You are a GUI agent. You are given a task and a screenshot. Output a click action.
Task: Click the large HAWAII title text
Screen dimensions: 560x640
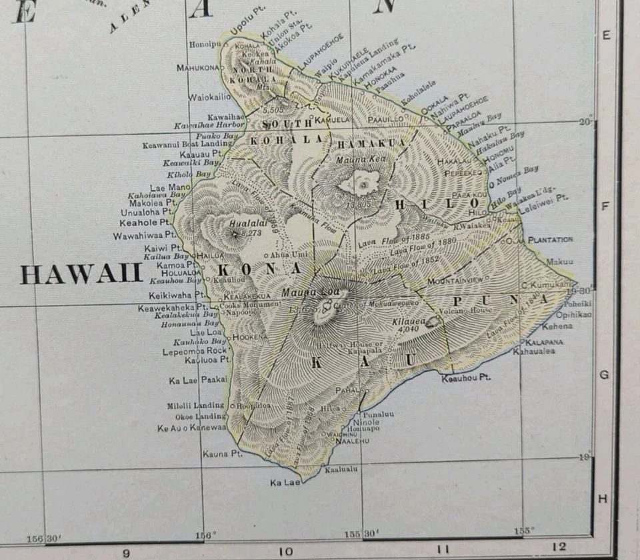pyautogui.click(x=81, y=274)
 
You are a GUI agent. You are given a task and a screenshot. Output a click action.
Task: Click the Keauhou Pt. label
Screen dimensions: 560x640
pyautogui.click(x=466, y=378)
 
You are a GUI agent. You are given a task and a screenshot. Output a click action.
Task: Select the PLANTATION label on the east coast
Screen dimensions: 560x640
pyautogui.click(x=550, y=239)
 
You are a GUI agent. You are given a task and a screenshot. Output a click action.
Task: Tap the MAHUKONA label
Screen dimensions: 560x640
pyautogui.click(x=199, y=67)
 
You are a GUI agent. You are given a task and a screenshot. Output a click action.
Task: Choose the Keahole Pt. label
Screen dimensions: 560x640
pyautogui.click(x=153, y=223)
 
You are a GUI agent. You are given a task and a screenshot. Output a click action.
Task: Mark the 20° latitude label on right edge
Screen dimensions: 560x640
pyautogui.click(x=585, y=122)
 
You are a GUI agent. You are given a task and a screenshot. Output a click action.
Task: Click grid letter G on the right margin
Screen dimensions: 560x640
pyautogui.click(x=604, y=375)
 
